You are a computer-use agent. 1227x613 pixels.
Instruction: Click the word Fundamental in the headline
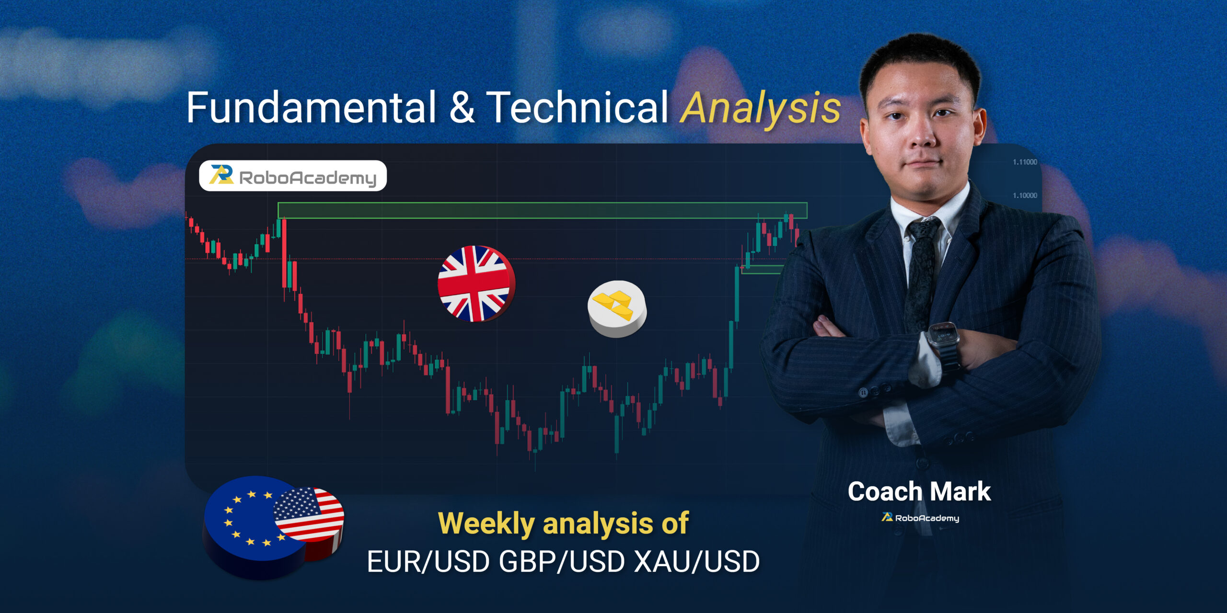(x=311, y=107)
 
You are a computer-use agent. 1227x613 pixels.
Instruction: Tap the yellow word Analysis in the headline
(x=761, y=109)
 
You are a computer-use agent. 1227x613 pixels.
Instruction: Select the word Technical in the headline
(x=577, y=107)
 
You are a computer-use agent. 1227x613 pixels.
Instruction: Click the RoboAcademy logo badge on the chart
(x=293, y=176)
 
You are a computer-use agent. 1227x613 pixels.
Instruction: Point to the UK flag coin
(x=476, y=284)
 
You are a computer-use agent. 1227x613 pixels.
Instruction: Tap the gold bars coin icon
(x=617, y=308)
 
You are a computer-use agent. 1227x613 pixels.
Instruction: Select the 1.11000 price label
(x=1025, y=162)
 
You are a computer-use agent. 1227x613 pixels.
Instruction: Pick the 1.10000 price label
(x=1025, y=195)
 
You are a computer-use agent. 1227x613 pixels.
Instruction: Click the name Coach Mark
(x=919, y=492)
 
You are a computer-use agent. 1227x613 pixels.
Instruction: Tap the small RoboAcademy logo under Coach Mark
(x=920, y=518)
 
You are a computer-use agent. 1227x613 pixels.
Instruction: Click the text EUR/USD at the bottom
(x=428, y=562)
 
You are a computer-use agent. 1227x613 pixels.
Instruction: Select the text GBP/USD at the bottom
(x=562, y=562)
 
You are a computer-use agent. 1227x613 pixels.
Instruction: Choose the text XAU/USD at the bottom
(x=697, y=562)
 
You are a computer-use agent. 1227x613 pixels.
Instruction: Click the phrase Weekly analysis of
(x=563, y=523)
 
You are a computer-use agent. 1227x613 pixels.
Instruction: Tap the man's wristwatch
(x=943, y=339)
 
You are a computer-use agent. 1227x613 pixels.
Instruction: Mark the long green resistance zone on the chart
(x=542, y=210)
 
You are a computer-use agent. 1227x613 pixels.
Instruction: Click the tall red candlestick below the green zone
(x=284, y=253)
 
